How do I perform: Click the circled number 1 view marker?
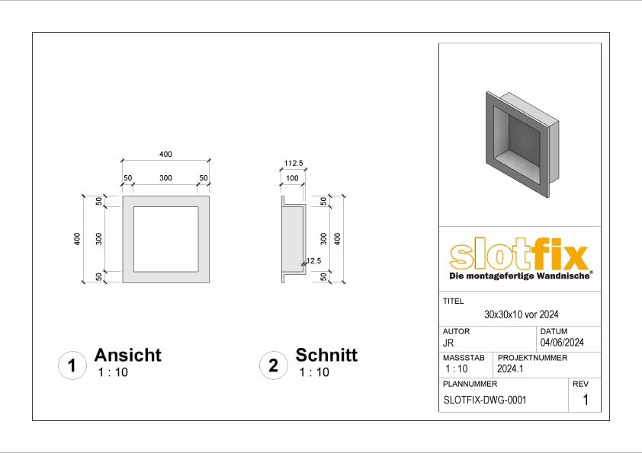coord(72,365)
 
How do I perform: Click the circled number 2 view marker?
coord(273,365)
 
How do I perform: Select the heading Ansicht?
coord(127,355)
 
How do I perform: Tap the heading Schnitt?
coord(326,355)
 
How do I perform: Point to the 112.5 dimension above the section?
coord(294,163)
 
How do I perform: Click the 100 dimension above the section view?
coord(291,178)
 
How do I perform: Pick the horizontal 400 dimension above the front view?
coord(165,155)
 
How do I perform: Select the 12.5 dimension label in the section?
coord(313,261)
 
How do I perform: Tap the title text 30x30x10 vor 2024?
coord(522,314)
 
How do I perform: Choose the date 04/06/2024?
coord(562,343)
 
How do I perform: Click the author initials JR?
coord(448,343)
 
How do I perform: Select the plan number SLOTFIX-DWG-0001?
coord(484,400)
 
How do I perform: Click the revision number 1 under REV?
coord(585,400)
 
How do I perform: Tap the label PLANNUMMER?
coord(464,384)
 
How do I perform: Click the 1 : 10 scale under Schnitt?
coord(314,372)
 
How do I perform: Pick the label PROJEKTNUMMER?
coord(532,357)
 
